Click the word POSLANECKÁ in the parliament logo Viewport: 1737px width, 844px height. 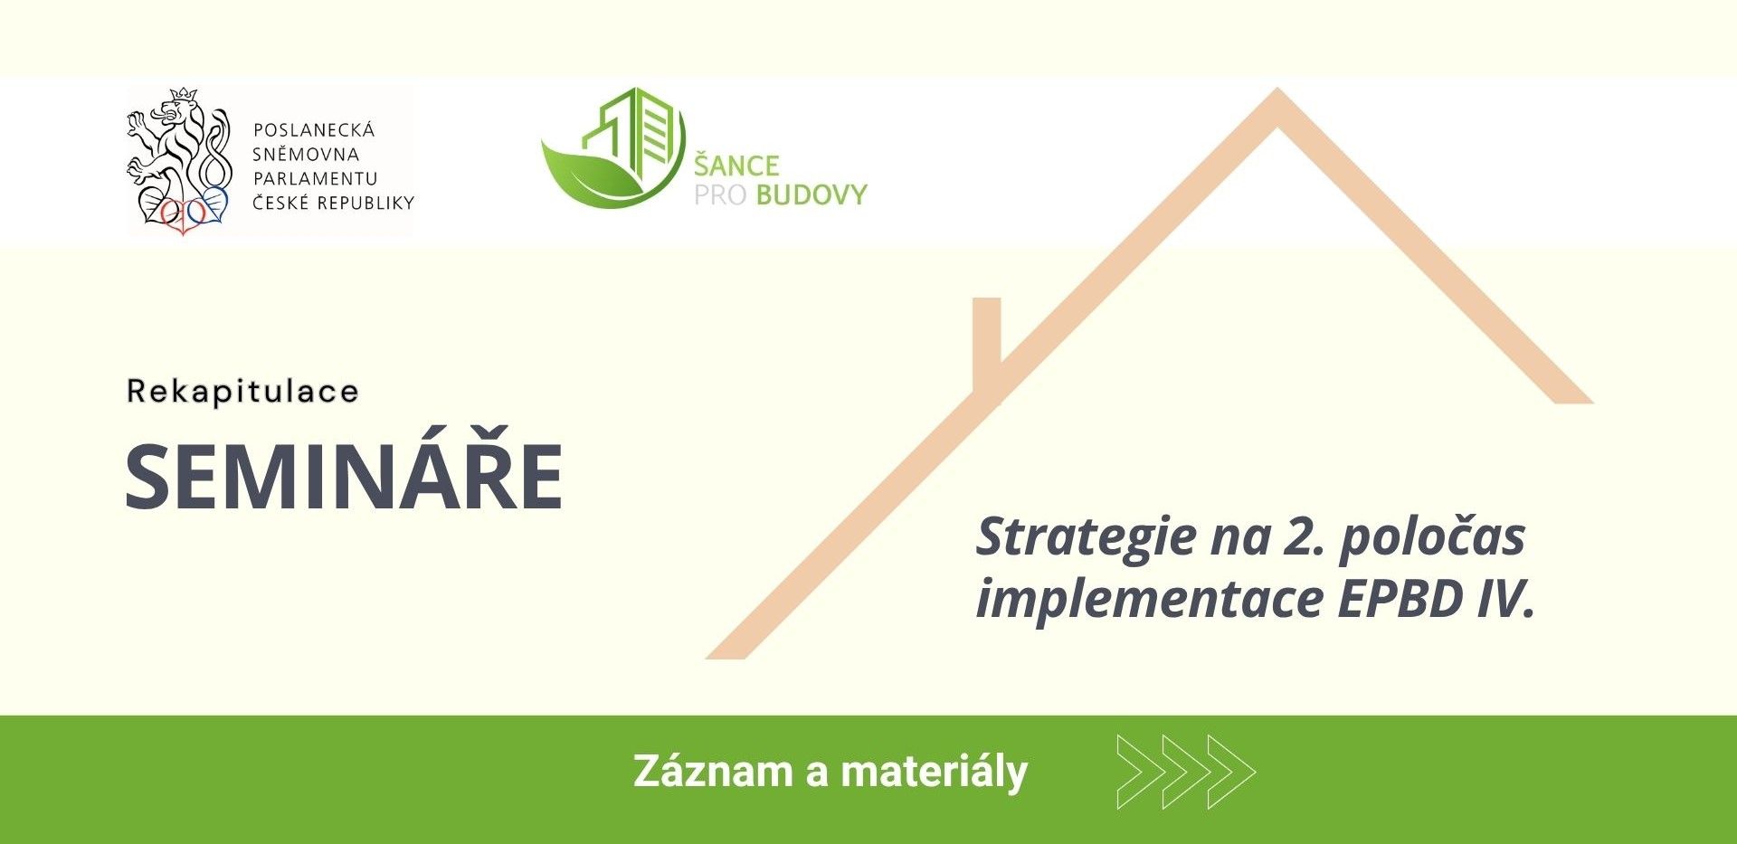[x=313, y=129]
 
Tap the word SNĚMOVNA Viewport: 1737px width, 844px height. [x=306, y=154]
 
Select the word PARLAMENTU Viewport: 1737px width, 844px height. [x=315, y=178]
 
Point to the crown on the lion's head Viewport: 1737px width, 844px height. [x=185, y=94]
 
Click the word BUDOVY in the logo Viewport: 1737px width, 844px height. [x=812, y=194]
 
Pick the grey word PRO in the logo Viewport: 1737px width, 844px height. [x=721, y=194]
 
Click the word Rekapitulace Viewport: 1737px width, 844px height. [x=242, y=391]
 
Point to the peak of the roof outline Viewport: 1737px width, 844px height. [x=1277, y=90]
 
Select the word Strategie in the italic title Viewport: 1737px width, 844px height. [x=1087, y=538]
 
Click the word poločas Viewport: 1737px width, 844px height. [x=1432, y=538]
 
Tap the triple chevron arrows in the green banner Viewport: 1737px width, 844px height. [x=1186, y=772]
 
